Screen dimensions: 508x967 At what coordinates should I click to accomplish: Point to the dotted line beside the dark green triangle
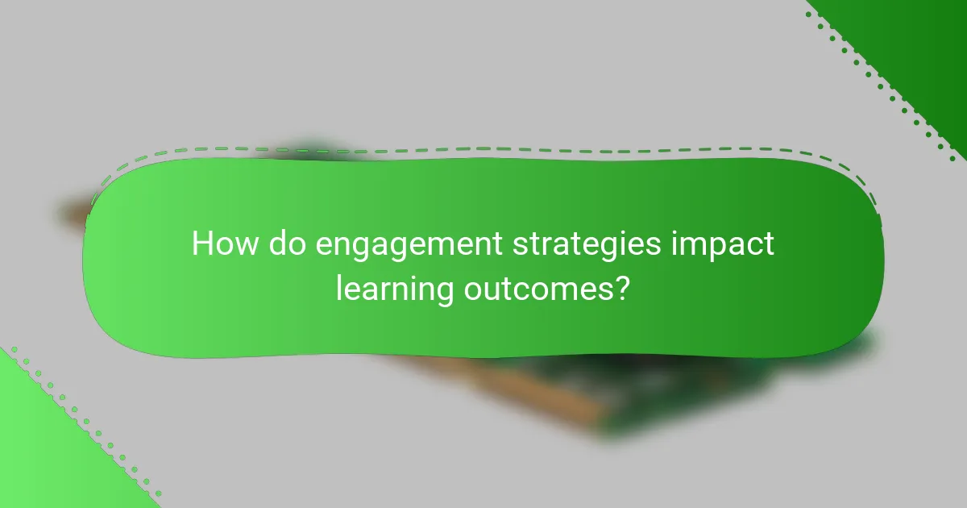click(878, 89)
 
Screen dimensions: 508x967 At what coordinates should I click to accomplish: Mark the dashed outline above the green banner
click(483, 149)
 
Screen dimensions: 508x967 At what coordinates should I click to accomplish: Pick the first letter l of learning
click(339, 286)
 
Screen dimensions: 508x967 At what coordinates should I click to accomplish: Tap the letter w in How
click(247, 246)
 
